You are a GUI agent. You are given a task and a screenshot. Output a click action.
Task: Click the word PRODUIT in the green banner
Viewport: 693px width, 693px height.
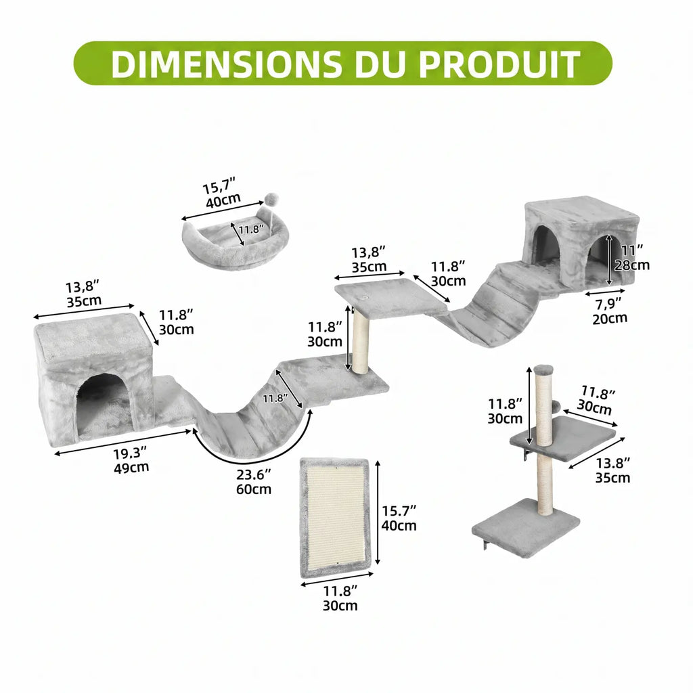(499, 64)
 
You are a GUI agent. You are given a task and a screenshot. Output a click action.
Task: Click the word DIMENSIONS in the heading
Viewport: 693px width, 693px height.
(226, 64)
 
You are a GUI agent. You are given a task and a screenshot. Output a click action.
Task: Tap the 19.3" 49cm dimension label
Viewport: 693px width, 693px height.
(131, 460)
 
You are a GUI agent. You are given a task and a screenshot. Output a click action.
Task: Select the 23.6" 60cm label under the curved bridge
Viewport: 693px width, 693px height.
(254, 482)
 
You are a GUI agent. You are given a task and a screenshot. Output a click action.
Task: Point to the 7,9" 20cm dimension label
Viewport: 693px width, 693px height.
(610, 311)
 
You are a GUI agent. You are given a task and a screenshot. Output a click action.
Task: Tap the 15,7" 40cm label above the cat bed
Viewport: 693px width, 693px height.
(221, 192)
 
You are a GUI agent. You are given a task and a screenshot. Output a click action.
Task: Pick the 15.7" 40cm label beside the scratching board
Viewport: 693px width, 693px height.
(399, 518)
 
